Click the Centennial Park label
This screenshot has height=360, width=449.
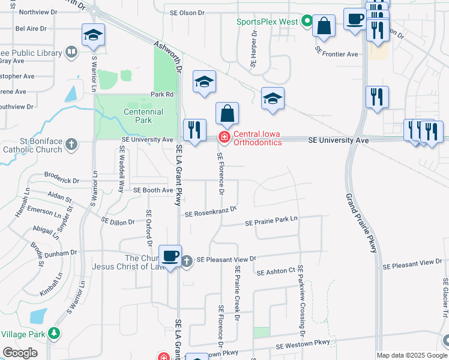coord(143,116)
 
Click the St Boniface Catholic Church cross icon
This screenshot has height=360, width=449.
coord(71,145)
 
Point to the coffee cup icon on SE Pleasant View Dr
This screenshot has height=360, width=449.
coord(170,256)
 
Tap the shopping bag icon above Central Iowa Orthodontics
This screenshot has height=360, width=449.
coord(228,113)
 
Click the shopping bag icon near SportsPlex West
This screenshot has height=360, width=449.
coord(324,26)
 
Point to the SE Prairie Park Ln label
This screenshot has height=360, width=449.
coord(271,221)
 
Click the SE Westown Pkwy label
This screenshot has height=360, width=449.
coord(303,344)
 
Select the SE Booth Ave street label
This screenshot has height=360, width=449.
coord(152,190)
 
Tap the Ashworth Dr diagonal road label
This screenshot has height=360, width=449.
coord(167,55)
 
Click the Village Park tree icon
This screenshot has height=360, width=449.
coord(55,332)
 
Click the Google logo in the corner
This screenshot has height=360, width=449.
coord(20,352)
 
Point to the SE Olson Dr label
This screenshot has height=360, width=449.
coord(187,12)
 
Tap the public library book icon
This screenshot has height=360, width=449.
coord(71,53)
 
